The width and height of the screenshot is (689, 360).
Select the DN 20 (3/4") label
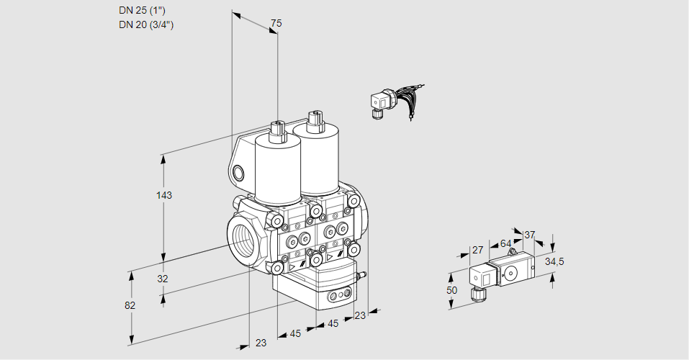pos(146,24)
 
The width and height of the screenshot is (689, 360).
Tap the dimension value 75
pos(276,24)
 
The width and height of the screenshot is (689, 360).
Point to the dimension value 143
pos(164,195)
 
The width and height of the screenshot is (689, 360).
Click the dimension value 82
pos(130,305)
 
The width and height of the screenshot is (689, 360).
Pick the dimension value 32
pos(163,279)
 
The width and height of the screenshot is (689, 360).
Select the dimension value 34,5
pos(554,261)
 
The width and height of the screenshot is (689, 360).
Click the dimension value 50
pos(451,290)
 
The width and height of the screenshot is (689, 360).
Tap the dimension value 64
pos(505,243)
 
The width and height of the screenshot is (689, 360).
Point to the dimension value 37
pos(530,235)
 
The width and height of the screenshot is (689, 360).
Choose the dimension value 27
pos(477,250)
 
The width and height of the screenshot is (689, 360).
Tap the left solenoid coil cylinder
pos(277,169)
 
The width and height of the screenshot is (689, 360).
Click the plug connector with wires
pos(379,102)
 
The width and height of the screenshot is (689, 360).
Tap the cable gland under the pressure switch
pos(476,293)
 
